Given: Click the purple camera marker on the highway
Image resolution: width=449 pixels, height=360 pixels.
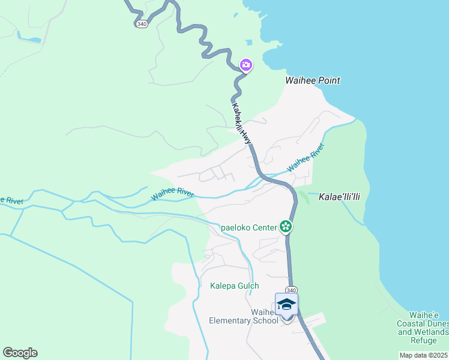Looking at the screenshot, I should coord(246,65).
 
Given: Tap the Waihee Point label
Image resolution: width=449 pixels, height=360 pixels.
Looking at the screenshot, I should coord(312,80).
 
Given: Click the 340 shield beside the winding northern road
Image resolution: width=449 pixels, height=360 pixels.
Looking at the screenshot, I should coord(141,23).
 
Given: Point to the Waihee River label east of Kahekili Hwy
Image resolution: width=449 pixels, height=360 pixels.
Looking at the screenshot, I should coord(306,158).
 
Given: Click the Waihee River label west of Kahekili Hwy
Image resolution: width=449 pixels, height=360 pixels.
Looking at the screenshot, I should coord(172,194).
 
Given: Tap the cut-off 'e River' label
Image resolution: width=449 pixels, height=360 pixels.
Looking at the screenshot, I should coord(11,200).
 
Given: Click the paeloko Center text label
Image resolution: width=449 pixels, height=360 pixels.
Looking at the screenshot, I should coord(249,227).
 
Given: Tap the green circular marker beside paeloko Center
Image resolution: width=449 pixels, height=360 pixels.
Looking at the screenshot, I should coord(286,226).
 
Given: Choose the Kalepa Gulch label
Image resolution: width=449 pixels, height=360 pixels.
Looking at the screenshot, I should coord(234,286).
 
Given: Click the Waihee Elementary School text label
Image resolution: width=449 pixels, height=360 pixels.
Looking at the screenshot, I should coord(244,316).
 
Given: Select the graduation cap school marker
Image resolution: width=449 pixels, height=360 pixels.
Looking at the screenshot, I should coord(286,305).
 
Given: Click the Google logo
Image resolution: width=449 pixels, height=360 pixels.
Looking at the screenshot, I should coord(20,353).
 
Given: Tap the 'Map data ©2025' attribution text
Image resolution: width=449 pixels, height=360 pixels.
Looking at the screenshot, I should coord(423,355).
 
